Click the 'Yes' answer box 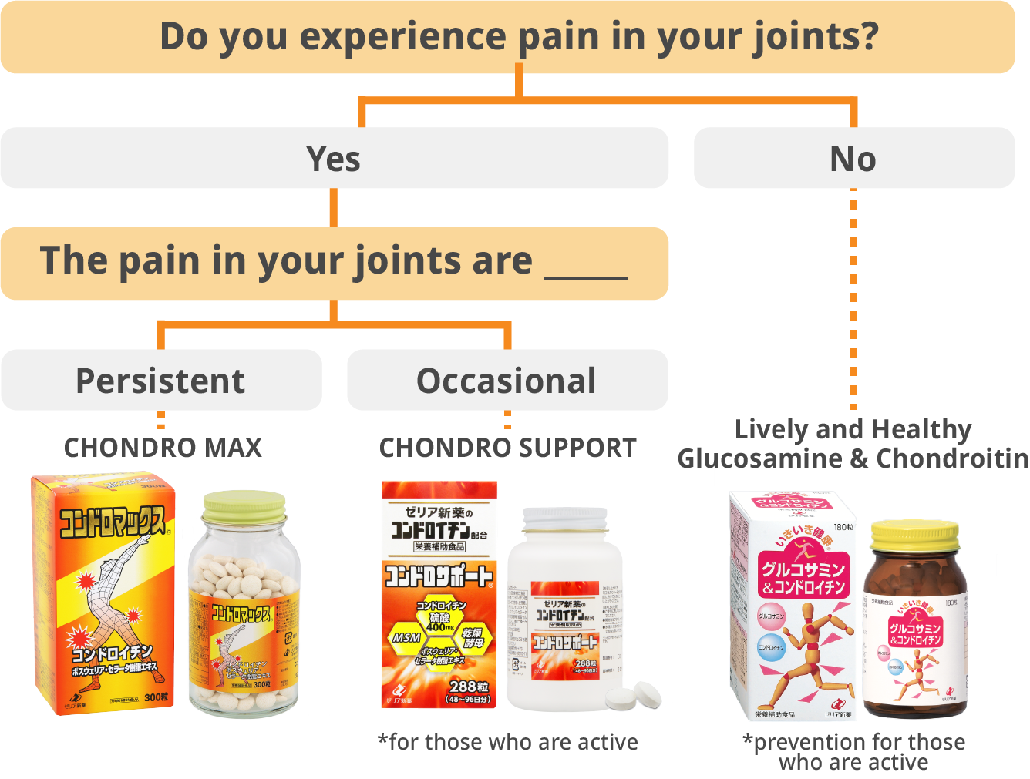pos(334,159)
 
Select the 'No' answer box pos(853,159)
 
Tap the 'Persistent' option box pos(160,381)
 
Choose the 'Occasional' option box pos(507,381)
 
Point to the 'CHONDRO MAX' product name pos(163,448)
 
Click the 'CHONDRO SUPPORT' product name pos(508,448)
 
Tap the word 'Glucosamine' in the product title pos(759,459)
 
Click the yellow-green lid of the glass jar pos(244,505)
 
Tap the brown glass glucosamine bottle pos(914,632)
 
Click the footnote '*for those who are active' pos(508,742)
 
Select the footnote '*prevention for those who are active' pos(853,752)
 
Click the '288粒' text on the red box pos(468,686)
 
